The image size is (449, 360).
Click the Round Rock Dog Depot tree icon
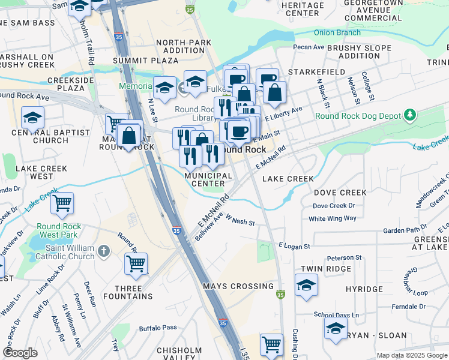(x=410, y=115)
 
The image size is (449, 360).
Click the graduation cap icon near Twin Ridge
(x=306, y=285)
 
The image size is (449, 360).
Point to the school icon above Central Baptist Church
(x=32, y=117)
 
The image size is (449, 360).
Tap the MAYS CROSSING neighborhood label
(x=238, y=286)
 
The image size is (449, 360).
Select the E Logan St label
(x=294, y=246)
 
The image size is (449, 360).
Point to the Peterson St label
(x=344, y=257)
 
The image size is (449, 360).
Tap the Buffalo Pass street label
(x=158, y=328)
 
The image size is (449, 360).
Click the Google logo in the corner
(x=20, y=353)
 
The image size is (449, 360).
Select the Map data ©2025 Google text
(x=411, y=355)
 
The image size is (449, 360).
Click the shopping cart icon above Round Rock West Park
(x=62, y=203)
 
